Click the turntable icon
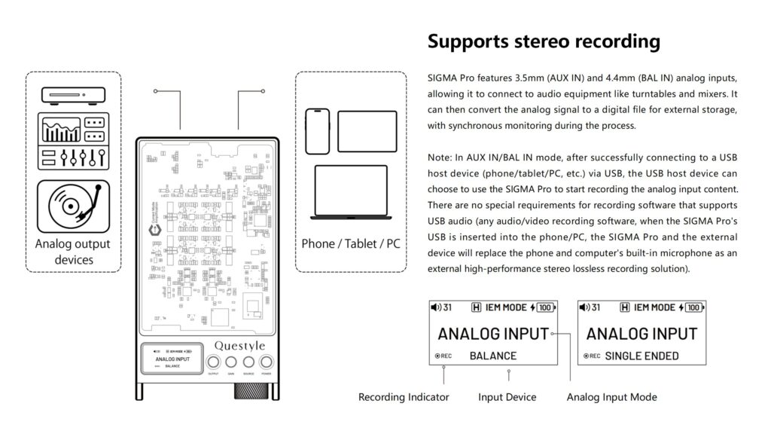(73, 206)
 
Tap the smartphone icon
(317, 131)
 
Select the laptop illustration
(350, 193)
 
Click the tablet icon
(367, 131)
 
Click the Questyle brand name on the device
(239, 345)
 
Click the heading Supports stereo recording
(544, 41)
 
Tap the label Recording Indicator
(404, 397)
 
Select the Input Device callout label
(507, 397)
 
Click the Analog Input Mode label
(611, 397)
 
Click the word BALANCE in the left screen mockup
(492, 356)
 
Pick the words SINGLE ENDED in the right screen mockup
(641, 356)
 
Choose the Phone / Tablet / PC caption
(351, 244)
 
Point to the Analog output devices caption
(73, 252)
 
